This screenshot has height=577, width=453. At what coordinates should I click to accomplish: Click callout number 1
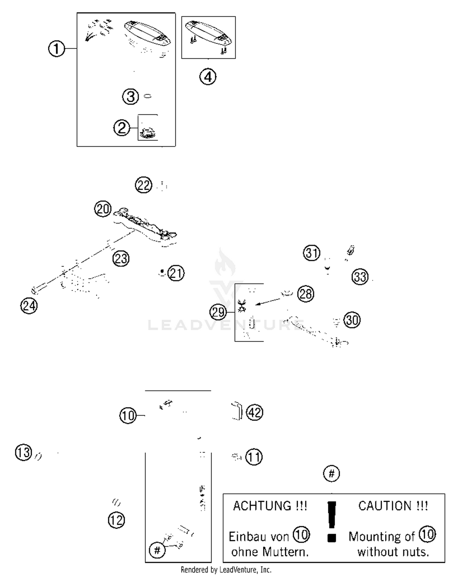point(56,49)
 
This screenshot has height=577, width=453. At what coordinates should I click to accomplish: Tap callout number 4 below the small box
point(208,77)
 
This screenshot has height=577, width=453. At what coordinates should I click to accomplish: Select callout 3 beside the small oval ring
point(130,97)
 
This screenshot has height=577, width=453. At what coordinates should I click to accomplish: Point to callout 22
point(143,185)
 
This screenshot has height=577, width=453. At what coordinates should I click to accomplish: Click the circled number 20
point(103,209)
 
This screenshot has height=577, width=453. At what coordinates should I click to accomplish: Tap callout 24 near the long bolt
point(29,306)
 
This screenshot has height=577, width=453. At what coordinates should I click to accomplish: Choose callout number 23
point(121,259)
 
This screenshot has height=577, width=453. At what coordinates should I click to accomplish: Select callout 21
point(176,273)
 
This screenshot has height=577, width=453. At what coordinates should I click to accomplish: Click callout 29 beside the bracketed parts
point(218,312)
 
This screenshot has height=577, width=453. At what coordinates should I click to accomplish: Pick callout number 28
point(306,294)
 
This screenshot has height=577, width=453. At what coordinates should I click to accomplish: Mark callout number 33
point(360,277)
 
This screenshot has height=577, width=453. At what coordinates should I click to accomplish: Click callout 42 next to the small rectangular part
point(255,412)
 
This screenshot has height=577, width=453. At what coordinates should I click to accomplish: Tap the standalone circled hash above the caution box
point(331,474)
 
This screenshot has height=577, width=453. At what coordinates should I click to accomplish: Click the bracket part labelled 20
point(145,225)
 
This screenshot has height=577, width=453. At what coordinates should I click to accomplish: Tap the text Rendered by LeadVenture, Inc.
point(226,570)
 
